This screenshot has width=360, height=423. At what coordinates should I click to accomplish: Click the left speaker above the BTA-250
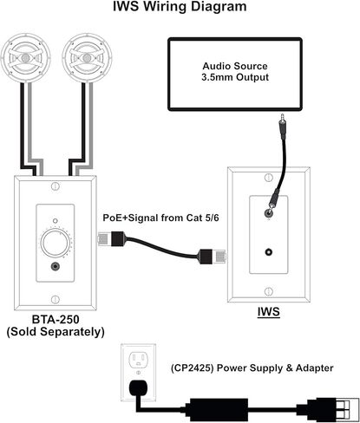25,58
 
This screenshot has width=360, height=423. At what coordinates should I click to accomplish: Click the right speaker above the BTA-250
87,58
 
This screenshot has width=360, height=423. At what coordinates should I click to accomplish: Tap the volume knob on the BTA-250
56,243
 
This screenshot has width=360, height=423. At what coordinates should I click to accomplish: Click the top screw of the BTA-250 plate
56,186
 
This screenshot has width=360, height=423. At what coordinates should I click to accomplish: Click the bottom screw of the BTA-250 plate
56,300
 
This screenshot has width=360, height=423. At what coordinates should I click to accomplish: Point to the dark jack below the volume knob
56,266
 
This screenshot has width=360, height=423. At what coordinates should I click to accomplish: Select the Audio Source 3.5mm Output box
235,75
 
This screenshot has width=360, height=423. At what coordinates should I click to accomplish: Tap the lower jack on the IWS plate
269,252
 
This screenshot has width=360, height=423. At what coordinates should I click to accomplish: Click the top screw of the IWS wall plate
269,178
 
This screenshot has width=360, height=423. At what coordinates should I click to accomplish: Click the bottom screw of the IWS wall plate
269,291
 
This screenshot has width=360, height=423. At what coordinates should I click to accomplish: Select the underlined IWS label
269,312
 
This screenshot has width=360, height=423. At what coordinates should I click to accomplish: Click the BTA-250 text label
56,320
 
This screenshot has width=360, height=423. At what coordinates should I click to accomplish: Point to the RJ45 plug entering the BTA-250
111,238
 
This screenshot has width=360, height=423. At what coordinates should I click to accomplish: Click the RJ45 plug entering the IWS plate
212,257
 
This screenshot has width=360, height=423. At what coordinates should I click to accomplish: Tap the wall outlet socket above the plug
138,360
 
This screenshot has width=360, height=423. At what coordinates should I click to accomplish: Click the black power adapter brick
219,410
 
